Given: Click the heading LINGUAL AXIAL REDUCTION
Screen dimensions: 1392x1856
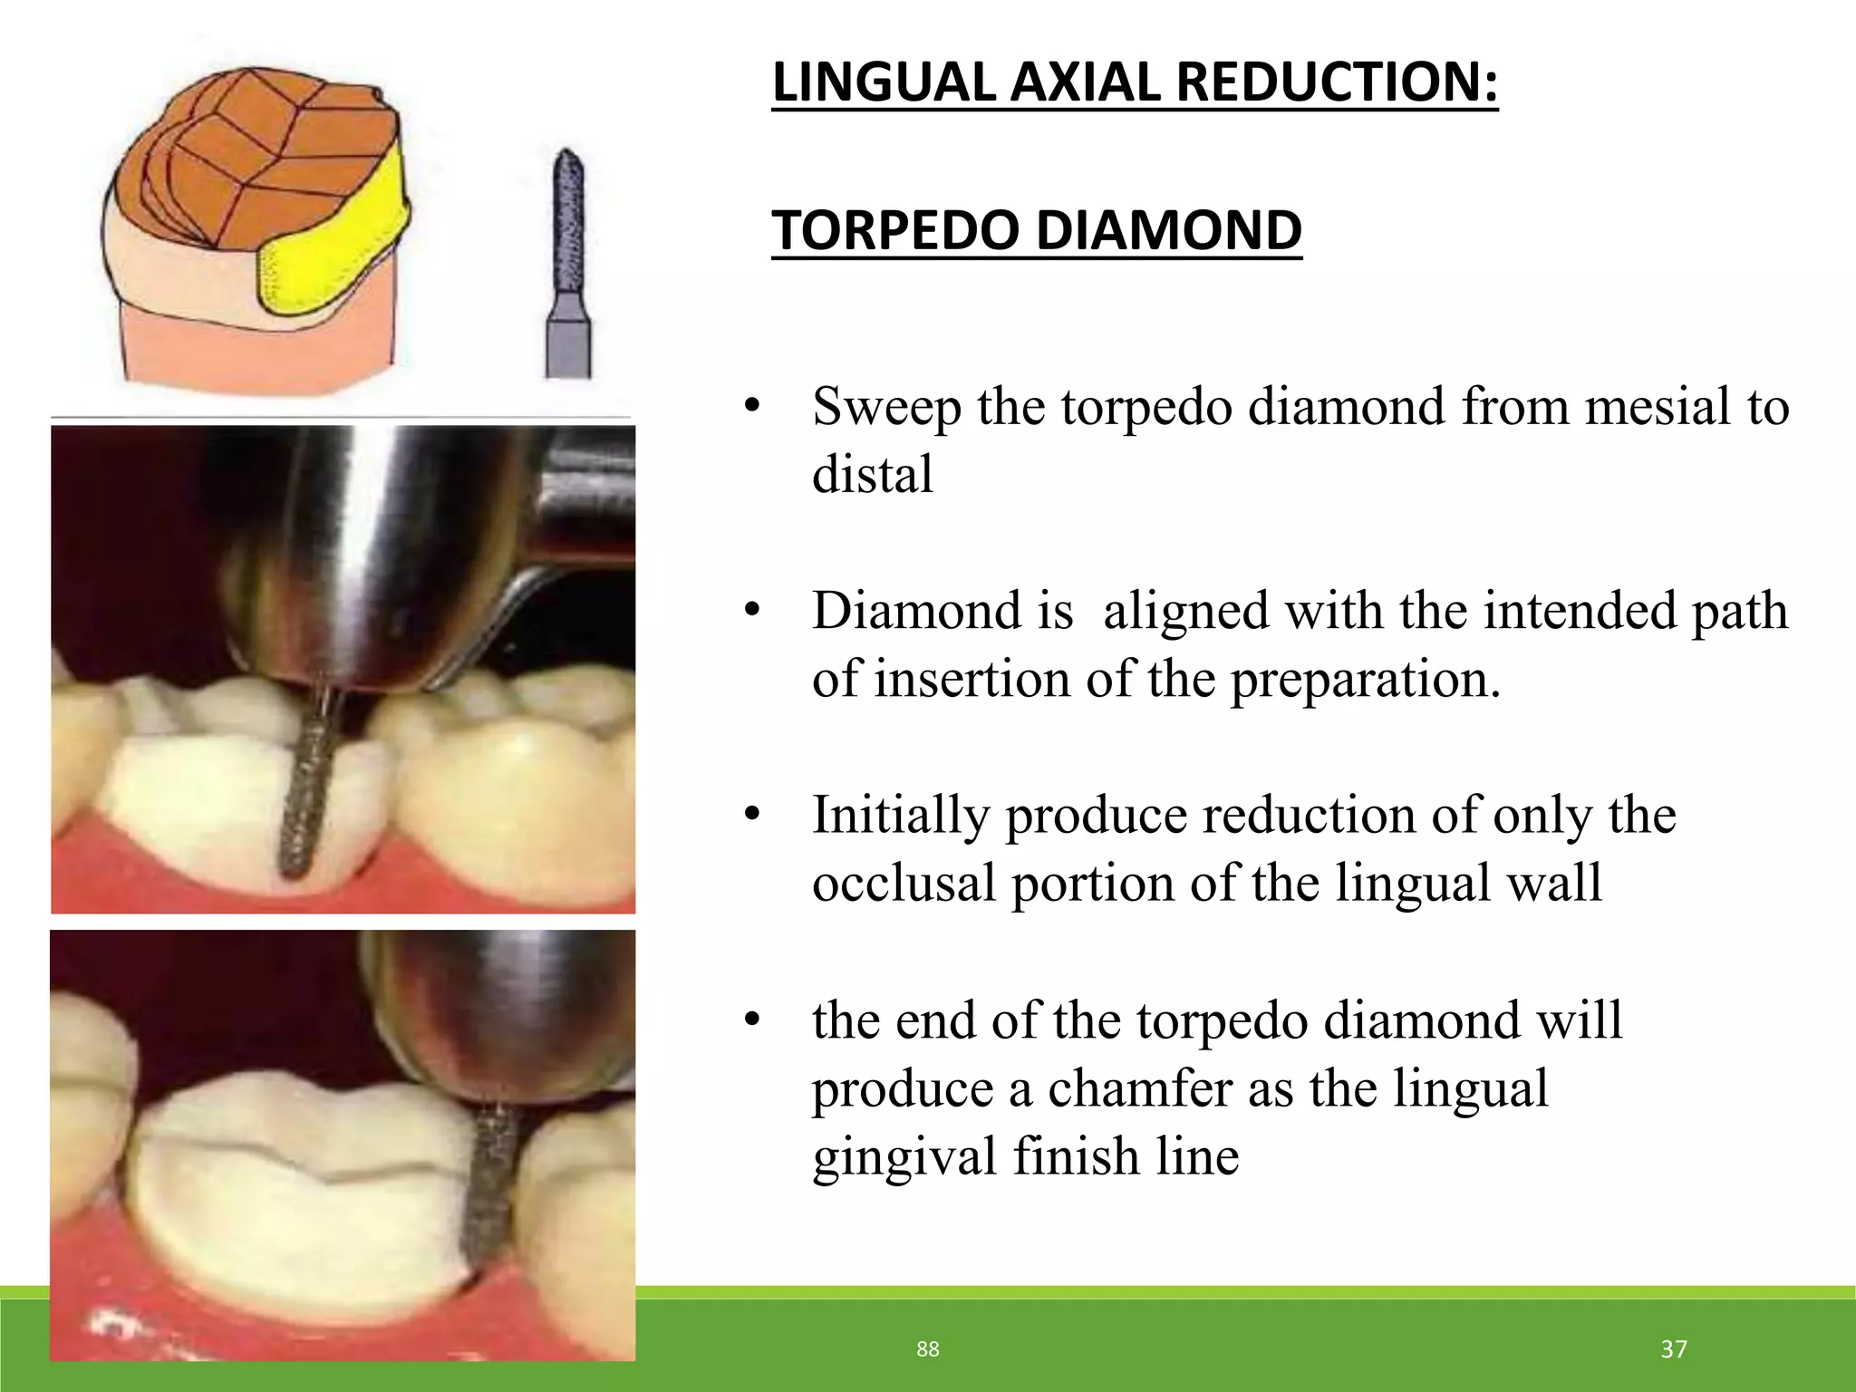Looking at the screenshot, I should coord(1135,82).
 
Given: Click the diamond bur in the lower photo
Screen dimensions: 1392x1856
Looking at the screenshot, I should coord(489,1187).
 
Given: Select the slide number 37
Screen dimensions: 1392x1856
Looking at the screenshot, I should coord(1673,1349).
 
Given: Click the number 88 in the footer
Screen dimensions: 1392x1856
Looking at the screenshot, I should coord(927,1349).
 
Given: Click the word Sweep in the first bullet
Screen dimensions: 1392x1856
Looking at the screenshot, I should coord(885,408).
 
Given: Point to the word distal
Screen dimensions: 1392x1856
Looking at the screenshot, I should coord(872,475).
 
